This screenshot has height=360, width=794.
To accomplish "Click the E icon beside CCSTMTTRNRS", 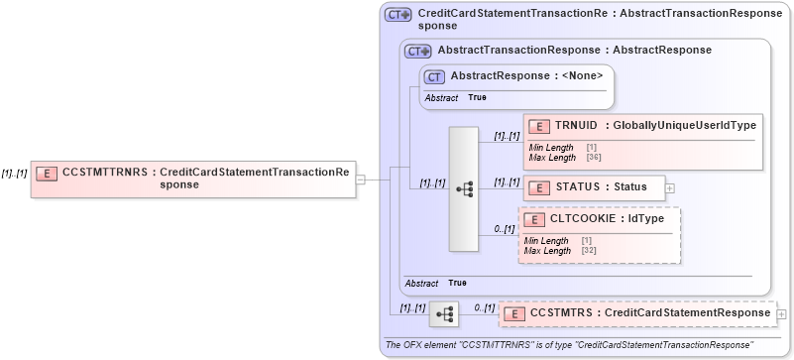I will tap(46, 173).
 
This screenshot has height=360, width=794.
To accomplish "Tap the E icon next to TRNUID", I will tap(538, 126).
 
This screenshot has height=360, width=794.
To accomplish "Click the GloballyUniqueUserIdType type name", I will tap(684, 125).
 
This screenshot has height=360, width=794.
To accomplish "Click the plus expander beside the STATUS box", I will tap(670, 186).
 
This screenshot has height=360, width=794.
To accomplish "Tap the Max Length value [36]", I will tap(595, 158).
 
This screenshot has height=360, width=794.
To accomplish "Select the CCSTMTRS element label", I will tap(561, 313).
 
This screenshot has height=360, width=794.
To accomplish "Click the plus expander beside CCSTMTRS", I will tap(782, 313).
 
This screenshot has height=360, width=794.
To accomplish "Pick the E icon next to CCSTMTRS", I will tap(514, 314).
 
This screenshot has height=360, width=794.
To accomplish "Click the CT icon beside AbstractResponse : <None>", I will tap(433, 75).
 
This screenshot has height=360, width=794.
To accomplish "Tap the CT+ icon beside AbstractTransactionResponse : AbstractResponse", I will tap(417, 51).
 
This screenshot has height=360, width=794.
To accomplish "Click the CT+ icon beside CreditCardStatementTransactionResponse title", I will tap(398, 15).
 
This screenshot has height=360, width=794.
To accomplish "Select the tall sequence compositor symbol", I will tap(464, 188).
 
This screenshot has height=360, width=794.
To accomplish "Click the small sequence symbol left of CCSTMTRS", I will tap(443, 314).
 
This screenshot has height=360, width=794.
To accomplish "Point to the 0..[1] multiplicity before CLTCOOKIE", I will tap(505, 229).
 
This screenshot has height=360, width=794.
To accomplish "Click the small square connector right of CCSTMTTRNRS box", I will tap(361, 180).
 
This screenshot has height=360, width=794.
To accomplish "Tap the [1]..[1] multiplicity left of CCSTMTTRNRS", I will tap(14, 173).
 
